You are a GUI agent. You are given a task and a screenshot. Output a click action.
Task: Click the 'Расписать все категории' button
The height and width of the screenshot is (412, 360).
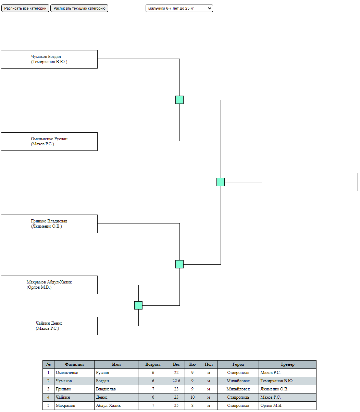(x=25, y=8)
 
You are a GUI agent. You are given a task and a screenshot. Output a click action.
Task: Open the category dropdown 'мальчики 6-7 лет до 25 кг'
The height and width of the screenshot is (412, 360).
(x=179, y=8)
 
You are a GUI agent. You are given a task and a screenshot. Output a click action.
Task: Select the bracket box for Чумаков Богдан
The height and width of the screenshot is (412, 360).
(x=49, y=59)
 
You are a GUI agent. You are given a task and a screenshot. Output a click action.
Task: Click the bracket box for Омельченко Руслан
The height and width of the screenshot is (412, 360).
(x=49, y=142)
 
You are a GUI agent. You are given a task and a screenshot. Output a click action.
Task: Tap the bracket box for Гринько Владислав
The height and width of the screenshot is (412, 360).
(x=49, y=224)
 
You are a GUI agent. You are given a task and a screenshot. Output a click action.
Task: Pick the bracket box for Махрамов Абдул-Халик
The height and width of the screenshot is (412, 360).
(x=49, y=285)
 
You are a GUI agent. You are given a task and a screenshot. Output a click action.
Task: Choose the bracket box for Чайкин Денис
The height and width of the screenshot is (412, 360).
(x=49, y=326)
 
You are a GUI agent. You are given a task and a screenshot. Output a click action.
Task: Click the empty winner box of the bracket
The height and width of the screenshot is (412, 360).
(x=310, y=182)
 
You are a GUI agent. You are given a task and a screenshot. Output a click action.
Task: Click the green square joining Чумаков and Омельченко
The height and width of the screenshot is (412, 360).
(x=179, y=100)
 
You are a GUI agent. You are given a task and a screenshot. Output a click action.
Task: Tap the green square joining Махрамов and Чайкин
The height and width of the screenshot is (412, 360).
(x=138, y=305)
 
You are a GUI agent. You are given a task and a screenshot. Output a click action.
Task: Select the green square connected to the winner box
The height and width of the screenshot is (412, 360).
(x=221, y=182)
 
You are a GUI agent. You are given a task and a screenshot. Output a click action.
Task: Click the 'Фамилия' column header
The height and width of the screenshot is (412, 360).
(x=74, y=364)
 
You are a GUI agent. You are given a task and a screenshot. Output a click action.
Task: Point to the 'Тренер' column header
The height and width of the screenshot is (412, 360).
(x=287, y=364)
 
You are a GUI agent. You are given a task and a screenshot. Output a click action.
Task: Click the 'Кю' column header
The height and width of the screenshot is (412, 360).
(x=192, y=364)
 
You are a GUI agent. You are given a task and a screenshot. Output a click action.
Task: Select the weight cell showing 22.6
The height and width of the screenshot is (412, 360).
(x=176, y=381)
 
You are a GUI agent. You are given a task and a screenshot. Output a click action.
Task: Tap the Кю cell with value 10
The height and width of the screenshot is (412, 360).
(x=192, y=397)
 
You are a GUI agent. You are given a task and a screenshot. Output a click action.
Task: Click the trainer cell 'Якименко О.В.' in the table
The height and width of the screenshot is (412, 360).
(x=287, y=389)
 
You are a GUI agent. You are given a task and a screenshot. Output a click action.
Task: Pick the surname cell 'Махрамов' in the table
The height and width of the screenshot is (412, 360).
(x=74, y=405)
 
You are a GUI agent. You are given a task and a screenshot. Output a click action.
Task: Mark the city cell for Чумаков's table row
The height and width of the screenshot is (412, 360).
(x=238, y=381)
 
